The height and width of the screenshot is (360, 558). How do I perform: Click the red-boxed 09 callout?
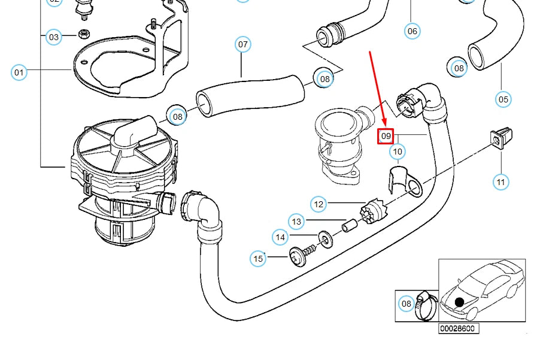(x=386, y=137)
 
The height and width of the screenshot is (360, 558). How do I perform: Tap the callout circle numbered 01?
(x=19, y=73)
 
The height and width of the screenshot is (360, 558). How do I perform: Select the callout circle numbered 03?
(x=54, y=37)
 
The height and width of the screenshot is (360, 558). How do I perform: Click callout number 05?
(x=503, y=99)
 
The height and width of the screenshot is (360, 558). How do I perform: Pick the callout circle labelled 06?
(x=412, y=31)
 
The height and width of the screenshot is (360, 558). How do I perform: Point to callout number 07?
(x=242, y=44)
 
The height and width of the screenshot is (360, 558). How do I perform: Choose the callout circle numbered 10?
(x=398, y=152)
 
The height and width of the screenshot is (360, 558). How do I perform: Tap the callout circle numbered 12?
(x=319, y=204)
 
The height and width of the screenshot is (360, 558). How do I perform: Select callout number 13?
(x=297, y=222)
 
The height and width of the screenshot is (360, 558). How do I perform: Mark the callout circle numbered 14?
(x=280, y=238)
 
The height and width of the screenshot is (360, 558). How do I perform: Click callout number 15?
(x=258, y=259)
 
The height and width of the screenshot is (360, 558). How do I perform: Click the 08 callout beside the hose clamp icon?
(x=407, y=304)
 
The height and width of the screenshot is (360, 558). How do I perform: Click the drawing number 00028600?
(x=459, y=328)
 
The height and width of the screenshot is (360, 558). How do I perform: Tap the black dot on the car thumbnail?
(x=459, y=302)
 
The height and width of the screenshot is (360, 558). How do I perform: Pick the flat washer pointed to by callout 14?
(x=325, y=240)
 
